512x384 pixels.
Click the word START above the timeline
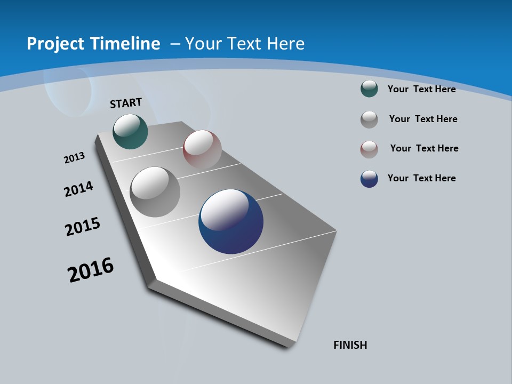tap(126, 103)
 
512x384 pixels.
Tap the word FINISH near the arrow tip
tap(350, 345)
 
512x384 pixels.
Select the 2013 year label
tap(74, 158)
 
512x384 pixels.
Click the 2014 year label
tap(79, 189)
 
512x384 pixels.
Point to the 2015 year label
tap(83, 226)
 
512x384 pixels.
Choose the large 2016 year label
tap(91, 270)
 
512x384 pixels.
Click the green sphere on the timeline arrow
tap(130, 132)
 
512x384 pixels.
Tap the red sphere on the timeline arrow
tap(202, 149)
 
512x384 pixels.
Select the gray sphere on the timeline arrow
tap(155, 192)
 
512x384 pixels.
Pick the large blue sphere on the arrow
tap(231, 221)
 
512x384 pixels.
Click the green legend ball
tap(369, 89)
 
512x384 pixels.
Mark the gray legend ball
tap(369, 119)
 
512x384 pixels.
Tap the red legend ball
tap(369, 149)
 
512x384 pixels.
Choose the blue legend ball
tap(369, 179)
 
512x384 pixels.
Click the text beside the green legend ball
tap(421, 89)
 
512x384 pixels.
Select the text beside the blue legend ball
tap(421, 178)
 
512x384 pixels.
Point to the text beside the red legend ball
tap(424, 148)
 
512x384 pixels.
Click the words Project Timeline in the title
tap(93, 44)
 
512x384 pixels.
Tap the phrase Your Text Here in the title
tap(245, 44)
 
